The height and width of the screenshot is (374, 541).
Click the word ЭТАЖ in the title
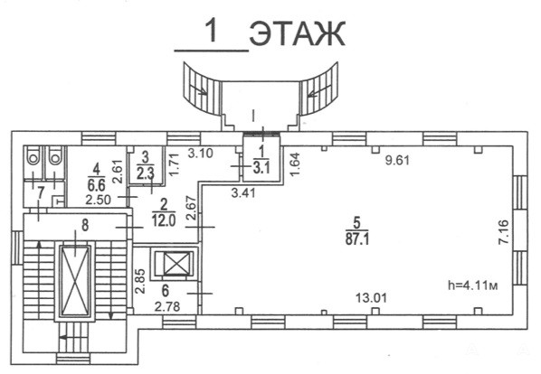tap(297, 33)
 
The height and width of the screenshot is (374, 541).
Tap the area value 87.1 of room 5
tap(357, 239)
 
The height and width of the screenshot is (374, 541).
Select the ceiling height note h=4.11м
tap(472, 285)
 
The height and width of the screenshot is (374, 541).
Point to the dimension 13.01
tap(371, 297)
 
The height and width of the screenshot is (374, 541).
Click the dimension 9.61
tap(397, 160)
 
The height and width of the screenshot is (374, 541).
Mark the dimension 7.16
tap(504, 232)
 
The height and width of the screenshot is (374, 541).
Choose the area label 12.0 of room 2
tap(164, 220)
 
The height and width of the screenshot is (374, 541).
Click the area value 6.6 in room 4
tap(96, 185)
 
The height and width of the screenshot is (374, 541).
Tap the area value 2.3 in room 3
tap(146, 174)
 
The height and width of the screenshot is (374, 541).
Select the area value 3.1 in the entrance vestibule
tap(261, 168)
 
